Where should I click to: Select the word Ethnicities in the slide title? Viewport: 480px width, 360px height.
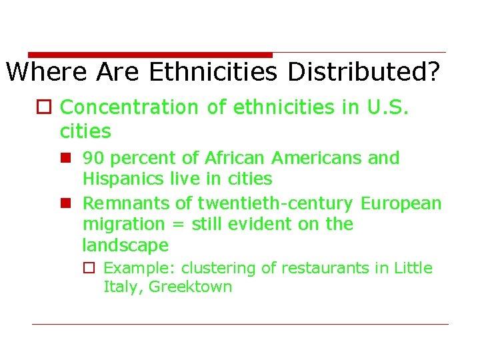point(213,71)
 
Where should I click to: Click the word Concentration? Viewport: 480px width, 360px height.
point(129,107)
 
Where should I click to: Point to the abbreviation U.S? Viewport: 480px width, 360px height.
point(388,107)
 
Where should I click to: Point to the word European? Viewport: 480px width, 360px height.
point(401,203)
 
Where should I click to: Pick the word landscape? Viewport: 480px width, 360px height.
point(125,245)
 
